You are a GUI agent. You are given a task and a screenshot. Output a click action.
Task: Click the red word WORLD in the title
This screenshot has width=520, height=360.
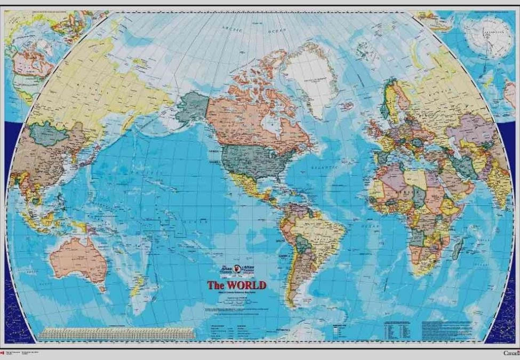[x=244, y=285]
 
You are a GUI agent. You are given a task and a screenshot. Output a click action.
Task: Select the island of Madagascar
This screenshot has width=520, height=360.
[x=457, y=249]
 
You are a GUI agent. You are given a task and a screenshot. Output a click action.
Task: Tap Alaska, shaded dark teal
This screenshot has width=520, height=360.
[x=192, y=107]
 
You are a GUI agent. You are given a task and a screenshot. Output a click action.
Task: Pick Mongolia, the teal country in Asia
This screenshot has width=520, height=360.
[x=49, y=134]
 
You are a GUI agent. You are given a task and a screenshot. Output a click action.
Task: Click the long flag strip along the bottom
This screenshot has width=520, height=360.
[x=117, y=334]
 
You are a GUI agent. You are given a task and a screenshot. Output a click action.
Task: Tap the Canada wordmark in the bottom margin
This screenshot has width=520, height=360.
[x=510, y=353]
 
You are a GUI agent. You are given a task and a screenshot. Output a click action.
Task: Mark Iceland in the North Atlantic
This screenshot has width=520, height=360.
[x=346, y=106]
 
